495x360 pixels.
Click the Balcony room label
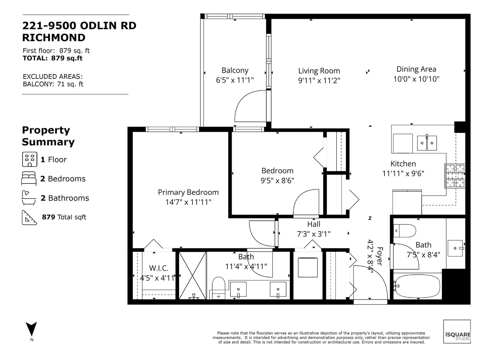pos(235,70)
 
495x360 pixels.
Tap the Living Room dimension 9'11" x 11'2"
pos(319,80)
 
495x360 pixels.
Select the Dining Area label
pos(416,69)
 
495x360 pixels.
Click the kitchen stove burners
pos(455,176)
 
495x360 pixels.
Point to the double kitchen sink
pos(427,143)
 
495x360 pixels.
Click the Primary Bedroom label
pos(188,192)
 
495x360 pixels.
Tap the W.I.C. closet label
pos(159,268)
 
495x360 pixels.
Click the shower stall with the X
pos(192,276)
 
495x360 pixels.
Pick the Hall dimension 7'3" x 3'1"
pos(314,234)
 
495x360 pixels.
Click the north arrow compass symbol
pos(31,329)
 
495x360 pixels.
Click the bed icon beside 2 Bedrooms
pos(29,179)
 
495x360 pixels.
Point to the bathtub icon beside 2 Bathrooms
pos(29,198)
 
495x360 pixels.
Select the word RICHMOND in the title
pos(54,38)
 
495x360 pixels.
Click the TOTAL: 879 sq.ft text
pos(53,58)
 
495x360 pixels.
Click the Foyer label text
pos(380,256)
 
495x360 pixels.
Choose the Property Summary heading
pos(48,136)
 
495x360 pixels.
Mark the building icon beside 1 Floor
pos(30,159)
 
